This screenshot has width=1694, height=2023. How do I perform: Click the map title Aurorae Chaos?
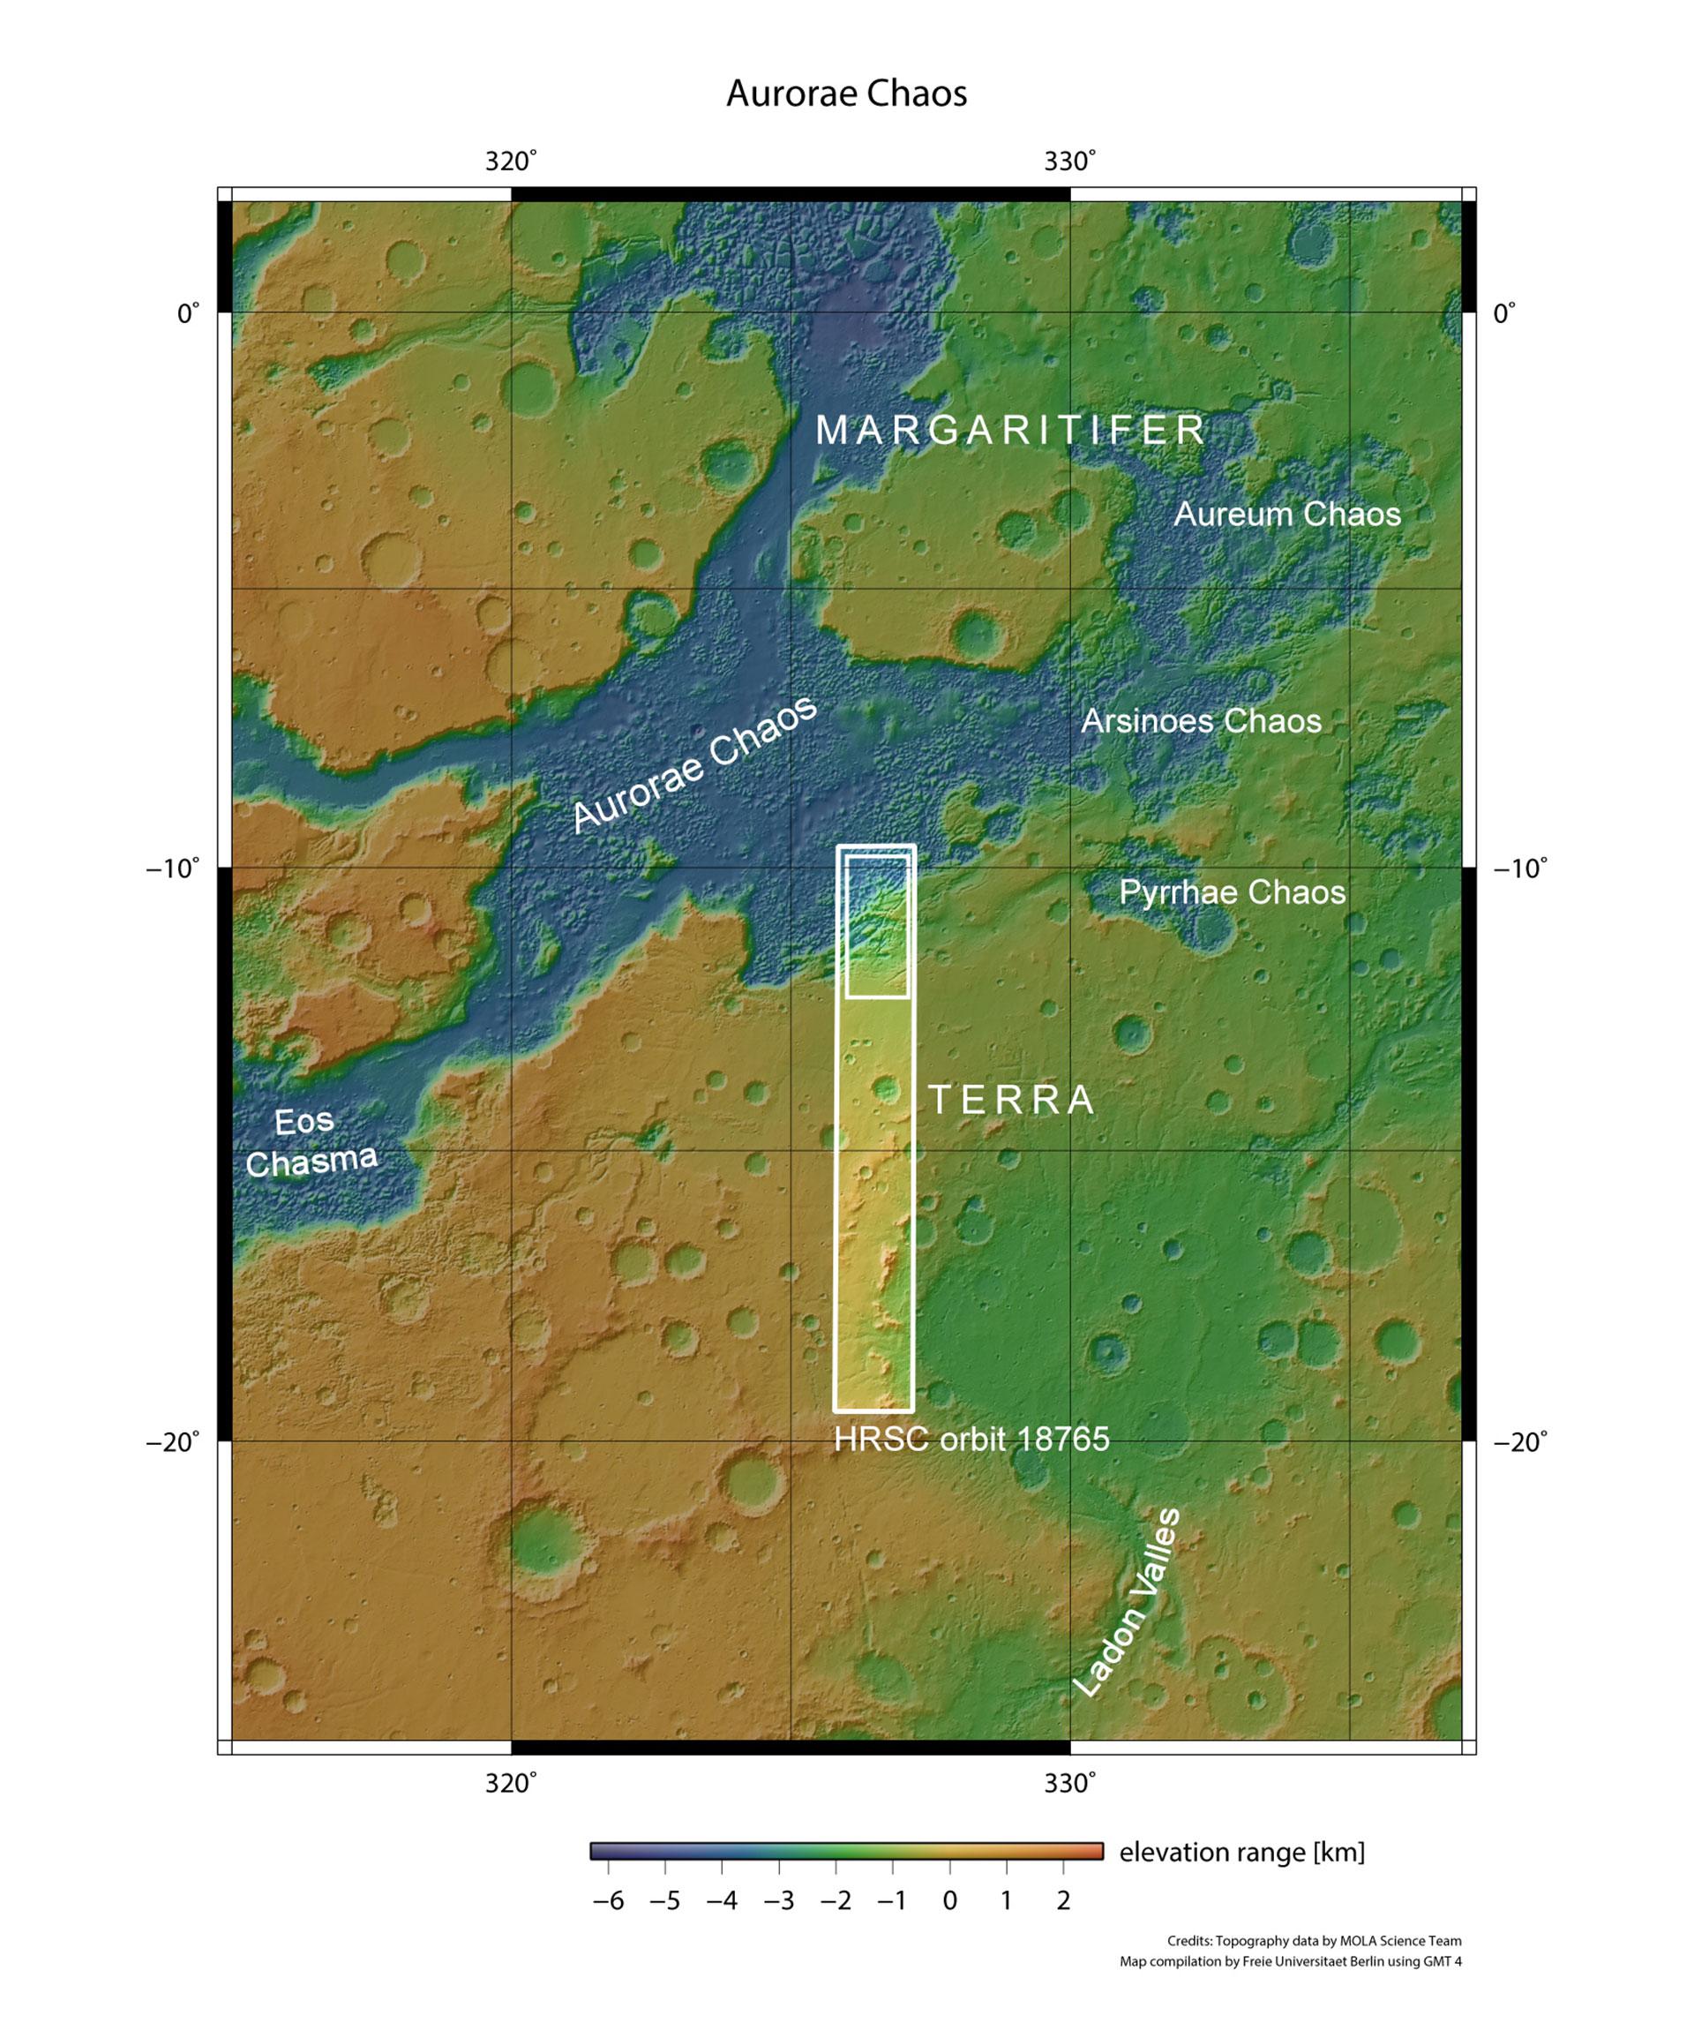pos(845,94)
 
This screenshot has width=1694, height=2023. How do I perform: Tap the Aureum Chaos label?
pos(1286,514)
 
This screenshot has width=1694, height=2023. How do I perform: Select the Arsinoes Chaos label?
pos(1201,720)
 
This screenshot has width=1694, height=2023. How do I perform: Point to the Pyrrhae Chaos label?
pos(1232,892)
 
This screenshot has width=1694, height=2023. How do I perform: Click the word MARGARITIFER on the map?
pos(1011,430)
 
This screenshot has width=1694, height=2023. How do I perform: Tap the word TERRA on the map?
pos(1011,1099)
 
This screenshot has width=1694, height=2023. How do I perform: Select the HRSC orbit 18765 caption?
pos(971,1440)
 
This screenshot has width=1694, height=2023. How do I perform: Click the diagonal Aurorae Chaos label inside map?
pos(693,764)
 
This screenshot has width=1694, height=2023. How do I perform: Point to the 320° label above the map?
pos(511,162)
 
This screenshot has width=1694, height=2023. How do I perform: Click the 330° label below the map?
pos(1070,1784)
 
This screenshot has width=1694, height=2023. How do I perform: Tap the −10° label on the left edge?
pos(173,869)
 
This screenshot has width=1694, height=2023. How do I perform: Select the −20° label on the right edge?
pos(1519,1442)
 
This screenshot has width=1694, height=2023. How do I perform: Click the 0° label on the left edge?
pos(188,314)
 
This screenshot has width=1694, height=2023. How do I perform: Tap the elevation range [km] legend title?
pos(1241,1852)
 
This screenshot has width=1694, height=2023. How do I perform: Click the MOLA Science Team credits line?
pos(1314,1941)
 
